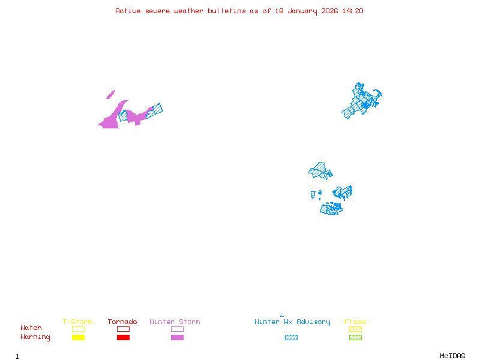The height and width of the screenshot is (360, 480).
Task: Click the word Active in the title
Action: (128, 11)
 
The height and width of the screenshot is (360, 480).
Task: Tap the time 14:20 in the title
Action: (353, 11)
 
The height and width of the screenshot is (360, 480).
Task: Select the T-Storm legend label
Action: (77, 322)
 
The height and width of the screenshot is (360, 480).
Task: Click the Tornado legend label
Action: (122, 322)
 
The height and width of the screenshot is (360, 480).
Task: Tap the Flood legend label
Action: (355, 322)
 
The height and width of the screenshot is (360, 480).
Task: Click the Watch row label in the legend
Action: (31, 328)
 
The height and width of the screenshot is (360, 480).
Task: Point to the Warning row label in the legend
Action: (35, 337)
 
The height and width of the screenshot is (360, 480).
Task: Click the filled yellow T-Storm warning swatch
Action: (78, 337)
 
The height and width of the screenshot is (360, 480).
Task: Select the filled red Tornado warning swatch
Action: (123, 337)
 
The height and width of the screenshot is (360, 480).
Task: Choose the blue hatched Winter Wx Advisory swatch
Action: (291, 337)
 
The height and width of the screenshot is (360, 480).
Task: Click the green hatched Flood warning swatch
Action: (355, 337)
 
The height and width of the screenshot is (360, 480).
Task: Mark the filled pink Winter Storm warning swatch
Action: (177, 337)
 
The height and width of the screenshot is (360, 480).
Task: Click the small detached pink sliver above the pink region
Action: (110, 94)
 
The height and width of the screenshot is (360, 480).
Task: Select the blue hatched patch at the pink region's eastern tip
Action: (155, 110)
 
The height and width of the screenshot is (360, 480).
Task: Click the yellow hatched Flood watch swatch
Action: (355, 329)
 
